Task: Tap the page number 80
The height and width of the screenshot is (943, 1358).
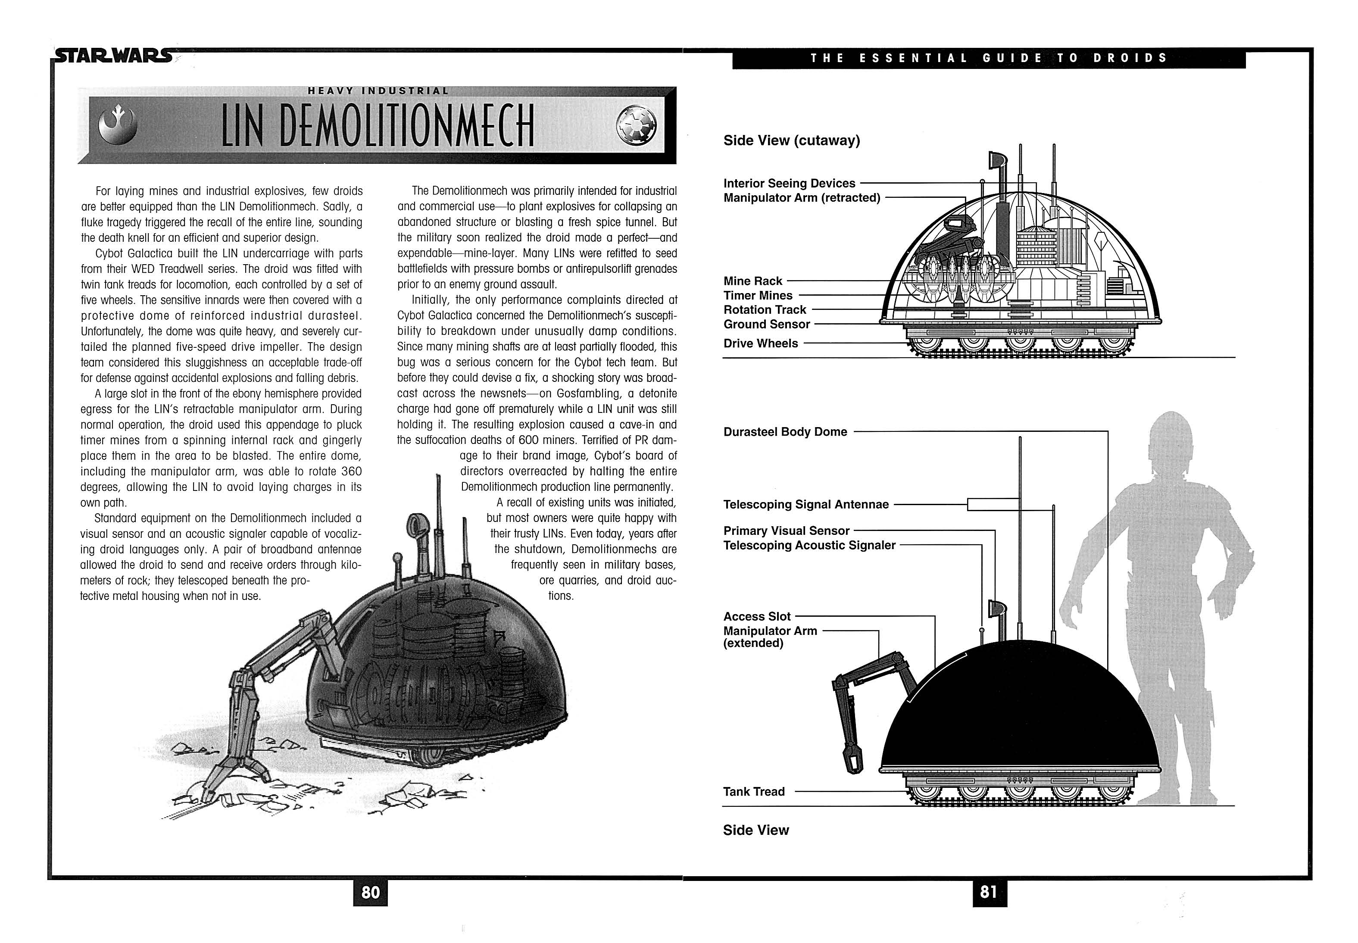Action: click(370, 892)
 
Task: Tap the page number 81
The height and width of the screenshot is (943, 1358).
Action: click(988, 892)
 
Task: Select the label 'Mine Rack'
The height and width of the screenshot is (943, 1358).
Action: click(752, 281)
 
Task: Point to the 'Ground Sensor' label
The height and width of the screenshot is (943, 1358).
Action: click(767, 325)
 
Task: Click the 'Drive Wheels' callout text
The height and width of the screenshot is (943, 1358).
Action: click(760, 343)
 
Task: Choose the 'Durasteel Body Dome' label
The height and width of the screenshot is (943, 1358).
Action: click(785, 432)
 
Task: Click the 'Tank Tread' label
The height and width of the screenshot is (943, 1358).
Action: click(754, 792)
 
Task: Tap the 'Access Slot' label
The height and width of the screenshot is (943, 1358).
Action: click(757, 616)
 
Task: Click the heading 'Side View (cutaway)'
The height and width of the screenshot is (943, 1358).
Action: click(792, 141)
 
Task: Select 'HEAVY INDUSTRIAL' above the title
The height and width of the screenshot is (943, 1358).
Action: click(378, 91)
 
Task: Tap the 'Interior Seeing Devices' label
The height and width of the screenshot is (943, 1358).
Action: click(789, 184)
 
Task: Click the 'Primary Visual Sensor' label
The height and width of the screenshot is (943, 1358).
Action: click(786, 531)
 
